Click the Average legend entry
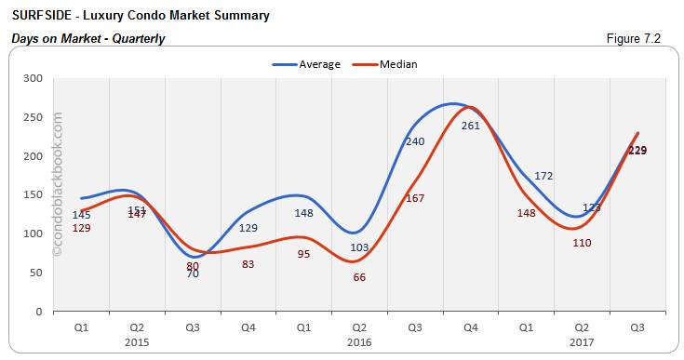point(306,64)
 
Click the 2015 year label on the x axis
point(137,341)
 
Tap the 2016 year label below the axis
point(359,341)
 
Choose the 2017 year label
point(581,341)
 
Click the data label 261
point(471,126)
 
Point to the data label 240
point(415,141)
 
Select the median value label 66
point(359,277)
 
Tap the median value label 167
point(415,198)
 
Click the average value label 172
point(543,176)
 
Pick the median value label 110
point(582,243)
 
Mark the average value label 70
point(193,273)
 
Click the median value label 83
point(248,264)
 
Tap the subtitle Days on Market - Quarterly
point(87,38)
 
